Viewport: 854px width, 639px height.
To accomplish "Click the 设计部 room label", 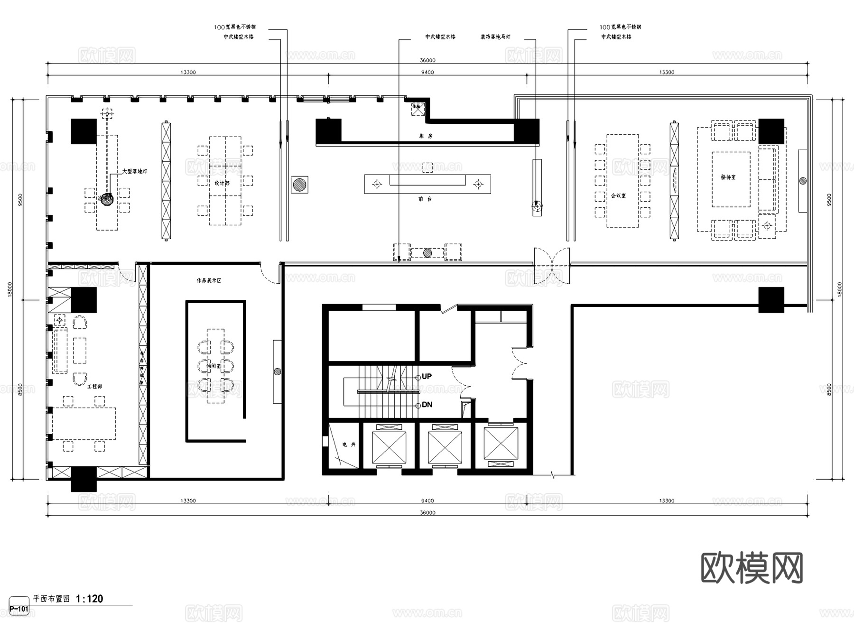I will tap(222, 183).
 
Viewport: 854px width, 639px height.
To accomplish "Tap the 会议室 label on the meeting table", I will tap(618, 195).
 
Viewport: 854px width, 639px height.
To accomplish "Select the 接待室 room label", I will tap(728, 177).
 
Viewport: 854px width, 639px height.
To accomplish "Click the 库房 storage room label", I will tap(426, 136).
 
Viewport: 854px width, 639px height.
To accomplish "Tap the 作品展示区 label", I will tap(209, 281).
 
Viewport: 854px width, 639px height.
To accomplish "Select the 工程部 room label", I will tap(94, 387).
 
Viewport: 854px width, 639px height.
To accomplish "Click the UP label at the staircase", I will tap(427, 377).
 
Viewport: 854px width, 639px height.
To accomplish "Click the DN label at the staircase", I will tap(427, 405).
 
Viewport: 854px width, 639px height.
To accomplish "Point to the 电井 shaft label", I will tap(349, 445).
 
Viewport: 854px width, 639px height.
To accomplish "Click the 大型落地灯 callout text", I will tap(134, 171).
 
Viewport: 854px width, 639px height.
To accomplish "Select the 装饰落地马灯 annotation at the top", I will tap(495, 37).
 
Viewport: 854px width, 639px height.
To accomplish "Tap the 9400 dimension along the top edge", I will tap(427, 73).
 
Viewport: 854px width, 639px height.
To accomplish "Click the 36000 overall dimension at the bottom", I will tap(427, 513).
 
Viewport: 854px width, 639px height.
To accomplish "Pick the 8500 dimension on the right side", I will tap(829, 389).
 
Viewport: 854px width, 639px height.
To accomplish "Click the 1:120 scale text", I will tap(90, 599).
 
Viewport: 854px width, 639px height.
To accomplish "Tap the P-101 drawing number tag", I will tap(19, 609).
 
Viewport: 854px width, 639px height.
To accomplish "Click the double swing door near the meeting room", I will tap(552, 266).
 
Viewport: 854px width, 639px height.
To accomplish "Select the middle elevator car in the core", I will tap(445, 447).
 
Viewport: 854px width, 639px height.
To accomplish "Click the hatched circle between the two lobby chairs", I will tap(427, 253).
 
